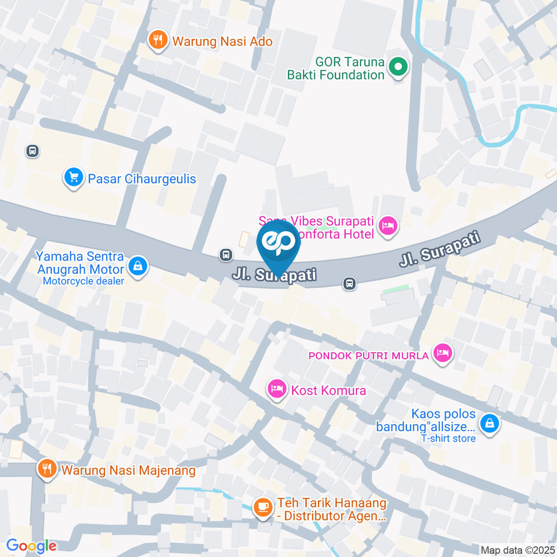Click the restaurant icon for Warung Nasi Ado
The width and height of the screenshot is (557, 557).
coord(157,41)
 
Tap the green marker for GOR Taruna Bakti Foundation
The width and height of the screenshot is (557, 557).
coord(398,68)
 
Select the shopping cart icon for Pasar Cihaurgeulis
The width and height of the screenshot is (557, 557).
coord(73,178)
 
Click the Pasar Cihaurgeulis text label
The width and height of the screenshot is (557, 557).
coord(142,179)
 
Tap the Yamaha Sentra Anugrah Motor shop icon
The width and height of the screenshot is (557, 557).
coord(138,267)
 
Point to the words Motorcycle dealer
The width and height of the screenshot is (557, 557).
coord(83,281)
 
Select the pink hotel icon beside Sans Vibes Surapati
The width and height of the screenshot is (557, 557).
coord(388,227)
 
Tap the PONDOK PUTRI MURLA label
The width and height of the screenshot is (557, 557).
coord(369,355)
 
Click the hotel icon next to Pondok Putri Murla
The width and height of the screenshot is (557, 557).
coord(443,353)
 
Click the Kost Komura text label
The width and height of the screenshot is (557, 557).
coord(328,390)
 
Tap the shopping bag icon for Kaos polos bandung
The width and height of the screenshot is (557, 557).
coord(490,423)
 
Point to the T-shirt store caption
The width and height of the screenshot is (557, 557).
coord(449,438)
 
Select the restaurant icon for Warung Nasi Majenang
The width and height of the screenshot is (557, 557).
coord(46,469)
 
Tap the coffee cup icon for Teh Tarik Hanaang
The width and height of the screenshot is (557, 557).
coord(263,508)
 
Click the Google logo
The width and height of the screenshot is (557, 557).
coord(31,546)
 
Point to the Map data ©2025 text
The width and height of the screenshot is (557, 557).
coord(517,549)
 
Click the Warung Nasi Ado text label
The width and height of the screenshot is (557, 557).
coord(220,41)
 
